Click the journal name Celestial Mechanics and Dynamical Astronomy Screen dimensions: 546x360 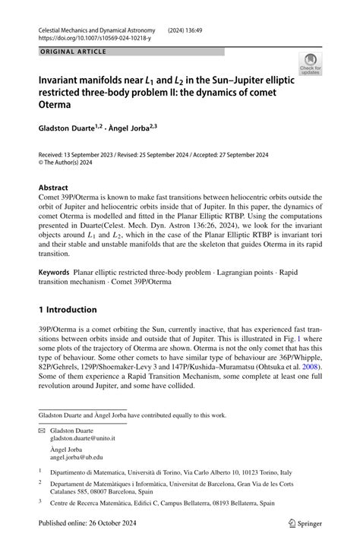[x=102, y=26]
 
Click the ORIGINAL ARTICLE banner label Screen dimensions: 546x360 [x=72, y=52]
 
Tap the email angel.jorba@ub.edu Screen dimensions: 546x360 [x=77, y=457]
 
